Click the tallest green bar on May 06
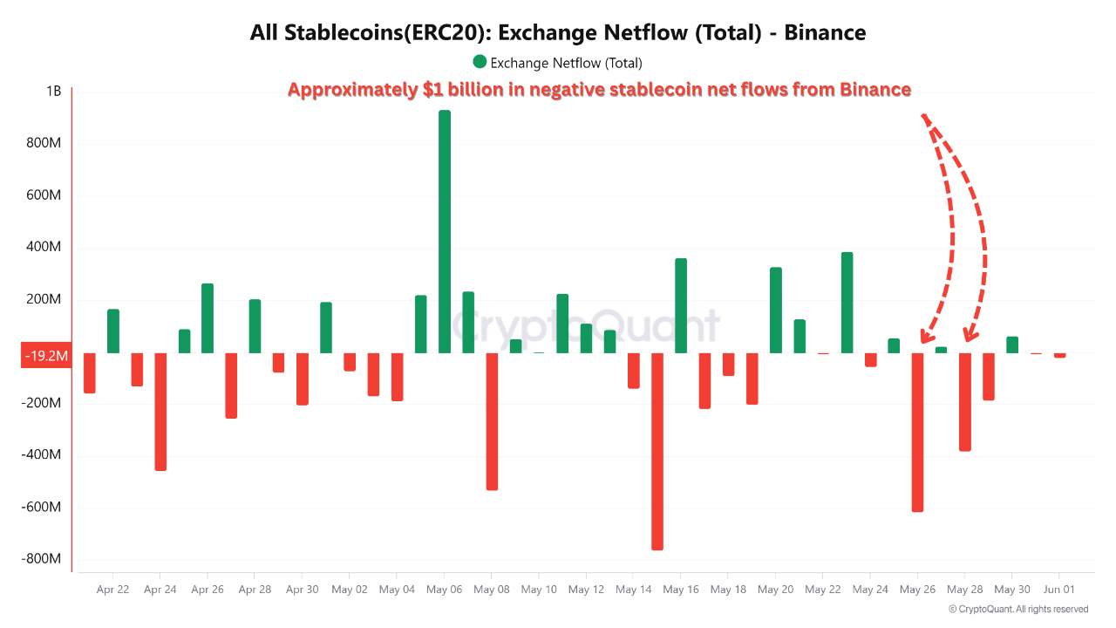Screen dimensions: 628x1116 click(445, 231)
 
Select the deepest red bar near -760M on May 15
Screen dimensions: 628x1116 click(657, 451)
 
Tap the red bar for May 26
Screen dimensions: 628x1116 click(917, 432)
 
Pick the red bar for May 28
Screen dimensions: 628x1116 click(965, 401)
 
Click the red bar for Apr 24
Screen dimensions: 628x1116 click(160, 412)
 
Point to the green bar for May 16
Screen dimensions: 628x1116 click(681, 305)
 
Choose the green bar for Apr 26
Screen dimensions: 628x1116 click(208, 318)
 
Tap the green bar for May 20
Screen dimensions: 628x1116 click(776, 310)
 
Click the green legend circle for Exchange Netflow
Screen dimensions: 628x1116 click(480, 62)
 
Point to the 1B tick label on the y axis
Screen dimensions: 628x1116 click(53, 91)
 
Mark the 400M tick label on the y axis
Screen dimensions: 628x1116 click(44, 247)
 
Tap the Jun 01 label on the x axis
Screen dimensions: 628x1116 click(1058, 590)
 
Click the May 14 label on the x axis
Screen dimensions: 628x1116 click(634, 590)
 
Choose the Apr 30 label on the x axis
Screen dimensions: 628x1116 click(302, 590)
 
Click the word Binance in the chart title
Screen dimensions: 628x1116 click(825, 33)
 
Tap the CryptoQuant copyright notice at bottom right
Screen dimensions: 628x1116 click(1018, 609)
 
